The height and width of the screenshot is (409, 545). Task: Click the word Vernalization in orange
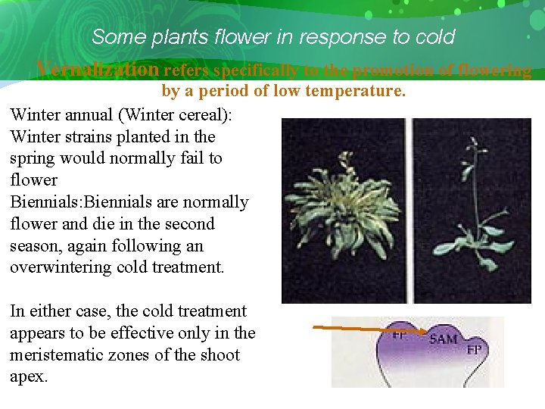[98, 69]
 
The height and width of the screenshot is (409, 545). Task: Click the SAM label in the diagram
[442, 339]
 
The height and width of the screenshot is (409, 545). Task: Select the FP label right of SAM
[474, 350]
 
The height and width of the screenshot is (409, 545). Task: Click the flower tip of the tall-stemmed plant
[472, 145]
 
